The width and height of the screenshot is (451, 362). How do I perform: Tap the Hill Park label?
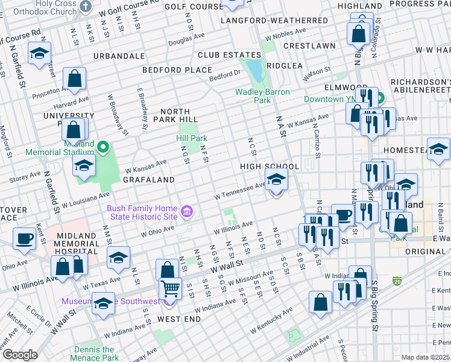point(192,138)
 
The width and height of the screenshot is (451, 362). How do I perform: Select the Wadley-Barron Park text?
point(262,96)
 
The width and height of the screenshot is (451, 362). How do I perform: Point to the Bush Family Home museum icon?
point(187,212)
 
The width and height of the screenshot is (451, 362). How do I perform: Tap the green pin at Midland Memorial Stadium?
point(103,146)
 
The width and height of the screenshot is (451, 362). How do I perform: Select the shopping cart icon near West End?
point(171,289)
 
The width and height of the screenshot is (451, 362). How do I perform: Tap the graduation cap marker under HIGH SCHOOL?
point(276,179)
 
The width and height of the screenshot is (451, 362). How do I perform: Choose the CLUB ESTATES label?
point(227,56)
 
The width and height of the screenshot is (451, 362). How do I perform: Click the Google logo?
point(20,355)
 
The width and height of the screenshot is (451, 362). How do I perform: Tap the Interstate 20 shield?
point(397,281)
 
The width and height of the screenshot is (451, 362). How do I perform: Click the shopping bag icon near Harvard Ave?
point(75,78)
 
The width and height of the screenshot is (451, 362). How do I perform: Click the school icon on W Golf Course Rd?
point(39,53)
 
